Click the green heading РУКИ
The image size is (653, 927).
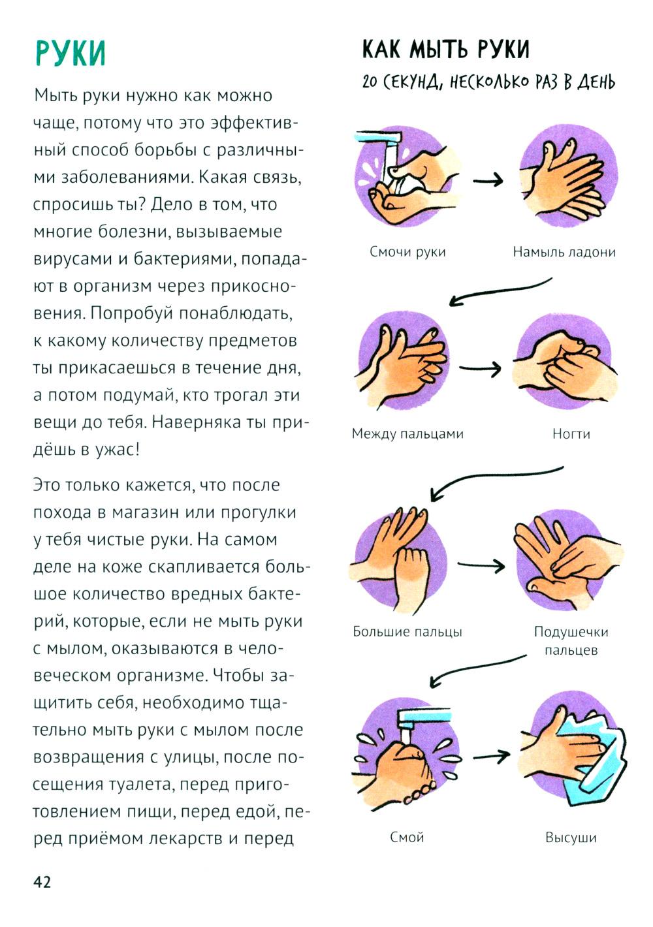tap(70, 52)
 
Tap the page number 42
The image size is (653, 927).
tap(42, 882)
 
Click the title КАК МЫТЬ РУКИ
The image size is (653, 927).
tap(445, 50)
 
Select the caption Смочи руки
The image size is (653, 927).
tap(407, 252)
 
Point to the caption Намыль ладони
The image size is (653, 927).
tap(564, 252)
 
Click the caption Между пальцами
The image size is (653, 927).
tap(407, 433)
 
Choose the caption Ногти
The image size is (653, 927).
tap(571, 433)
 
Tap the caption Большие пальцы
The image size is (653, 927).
tap(407, 631)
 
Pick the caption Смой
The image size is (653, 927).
tap(407, 837)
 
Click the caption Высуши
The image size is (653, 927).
tap(571, 838)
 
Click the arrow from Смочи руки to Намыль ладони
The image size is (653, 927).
tap(488, 180)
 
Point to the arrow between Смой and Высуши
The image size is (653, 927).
tap(490, 757)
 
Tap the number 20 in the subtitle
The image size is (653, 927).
tap(370, 83)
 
